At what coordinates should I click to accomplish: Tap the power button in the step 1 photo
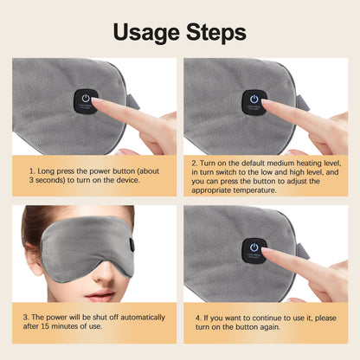coord(85,100)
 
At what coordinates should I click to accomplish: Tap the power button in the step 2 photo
coord(254,100)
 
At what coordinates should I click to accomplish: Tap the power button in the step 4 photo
coord(254,247)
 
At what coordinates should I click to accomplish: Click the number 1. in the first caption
coord(32,172)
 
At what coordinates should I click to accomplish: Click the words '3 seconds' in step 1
coord(50,183)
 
